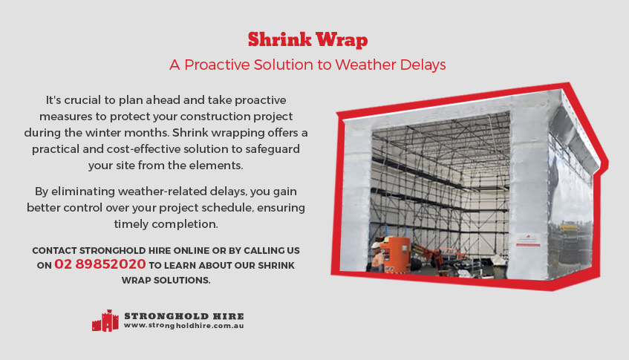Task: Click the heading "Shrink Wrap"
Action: (307, 39)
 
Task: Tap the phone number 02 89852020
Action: (100, 264)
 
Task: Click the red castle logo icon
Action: (105, 321)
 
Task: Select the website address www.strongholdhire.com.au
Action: (183, 326)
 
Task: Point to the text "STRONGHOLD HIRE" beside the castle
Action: (184, 316)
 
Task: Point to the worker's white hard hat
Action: (376, 245)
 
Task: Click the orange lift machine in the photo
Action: (395, 254)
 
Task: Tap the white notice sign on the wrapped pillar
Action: (528, 239)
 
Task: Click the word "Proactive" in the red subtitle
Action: (217, 65)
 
